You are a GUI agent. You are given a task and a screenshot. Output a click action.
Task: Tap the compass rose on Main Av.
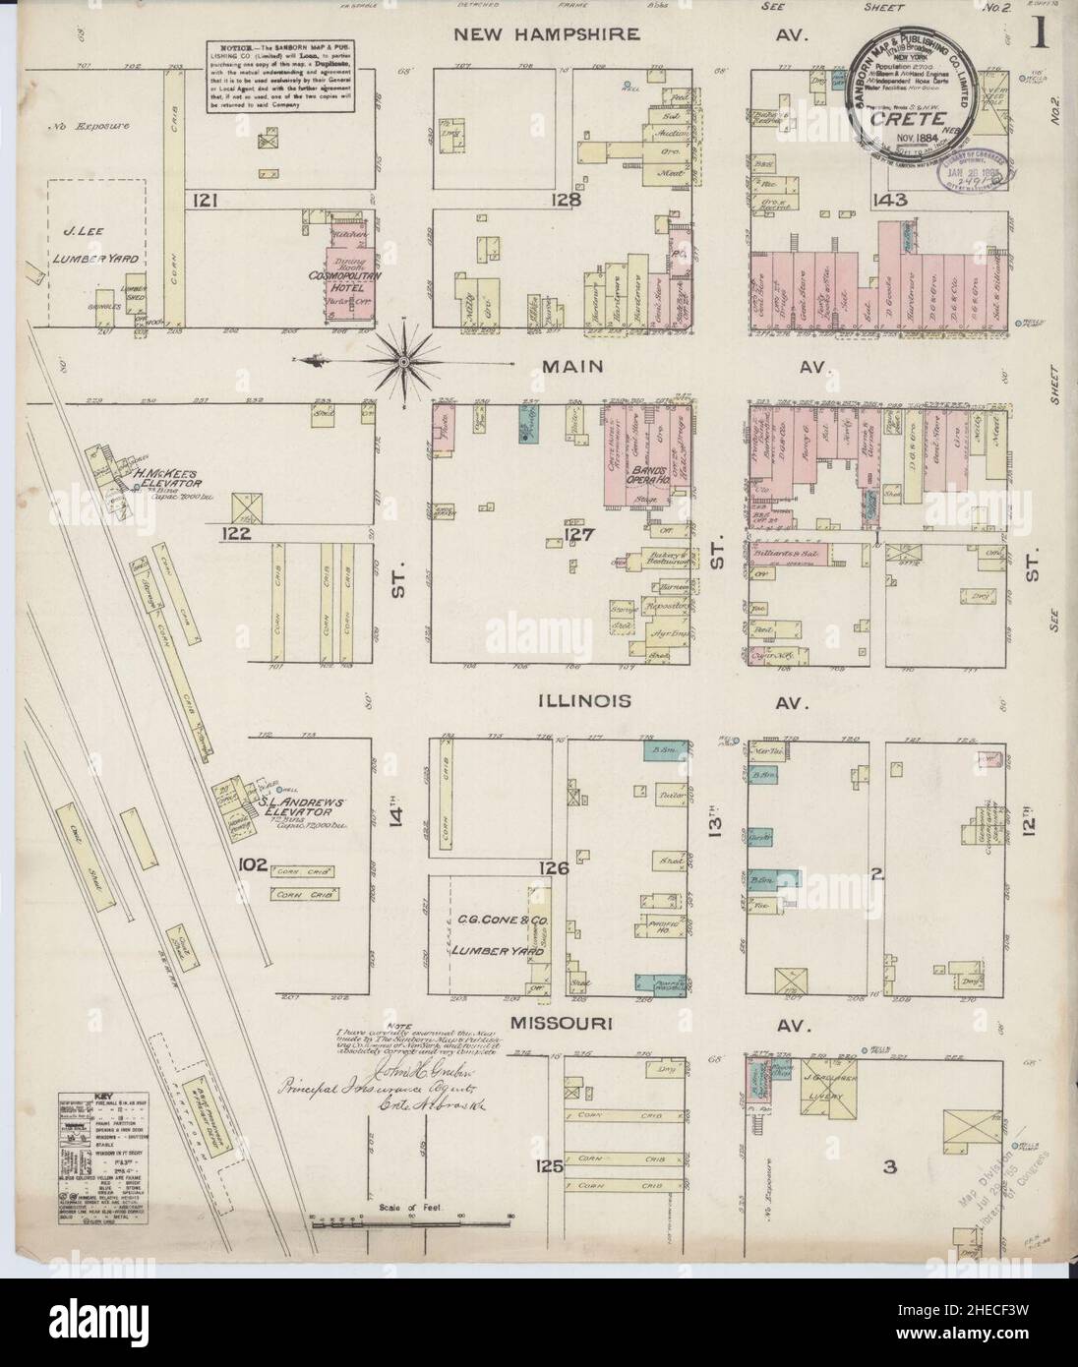pyautogui.click(x=403, y=362)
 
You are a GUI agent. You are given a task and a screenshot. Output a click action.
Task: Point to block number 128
pyautogui.click(x=568, y=201)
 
